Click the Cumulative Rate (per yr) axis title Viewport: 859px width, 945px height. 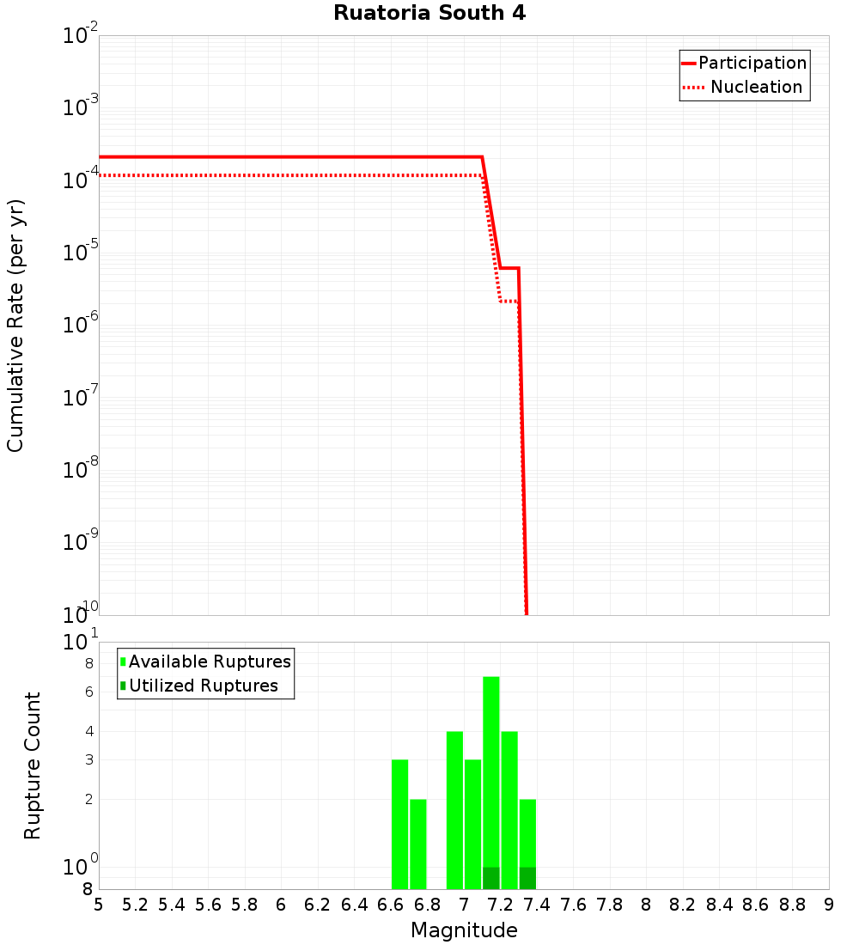[15, 326]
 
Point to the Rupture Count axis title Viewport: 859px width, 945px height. [33, 765]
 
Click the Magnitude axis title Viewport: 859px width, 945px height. [464, 930]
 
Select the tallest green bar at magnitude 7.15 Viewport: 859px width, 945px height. [491, 773]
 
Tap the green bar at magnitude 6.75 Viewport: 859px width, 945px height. [418, 844]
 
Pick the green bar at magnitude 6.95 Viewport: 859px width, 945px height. [455, 810]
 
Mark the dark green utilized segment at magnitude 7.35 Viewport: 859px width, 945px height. [527, 878]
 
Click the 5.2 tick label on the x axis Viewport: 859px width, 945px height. [135, 905]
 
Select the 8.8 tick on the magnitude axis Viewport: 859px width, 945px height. [792, 905]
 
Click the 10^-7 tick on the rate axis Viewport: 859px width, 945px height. [80, 398]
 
